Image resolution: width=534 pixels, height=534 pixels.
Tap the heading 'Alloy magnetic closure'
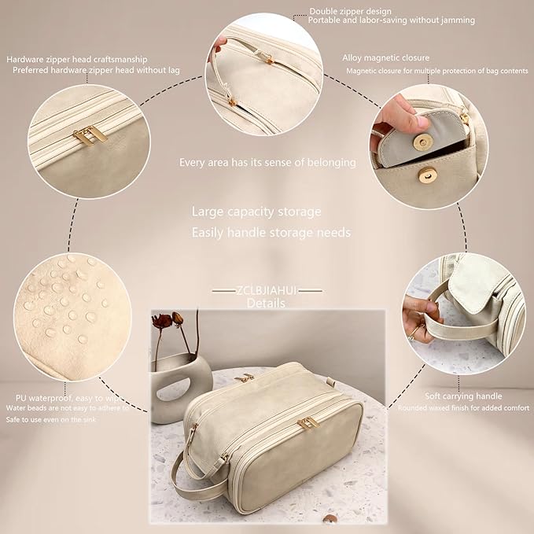point(386,57)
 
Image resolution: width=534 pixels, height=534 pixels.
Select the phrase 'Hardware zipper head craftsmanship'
point(87,59)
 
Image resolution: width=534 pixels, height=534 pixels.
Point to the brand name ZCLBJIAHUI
point(267,290)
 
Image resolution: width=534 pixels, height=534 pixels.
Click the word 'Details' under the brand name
point(267,303)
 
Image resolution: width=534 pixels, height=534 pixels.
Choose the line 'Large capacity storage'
point(256,212)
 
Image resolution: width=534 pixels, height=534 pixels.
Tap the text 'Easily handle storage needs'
point(271,233)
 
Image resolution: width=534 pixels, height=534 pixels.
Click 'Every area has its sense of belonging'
point(267,163)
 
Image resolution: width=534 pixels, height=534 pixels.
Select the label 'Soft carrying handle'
point(463,396)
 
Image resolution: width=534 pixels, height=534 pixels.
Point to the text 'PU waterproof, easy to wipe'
point(72,399)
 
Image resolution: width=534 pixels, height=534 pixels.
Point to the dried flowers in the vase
point(167,322)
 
